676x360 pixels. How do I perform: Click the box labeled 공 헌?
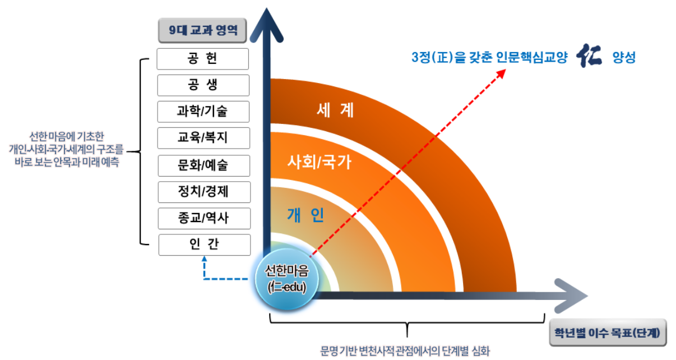tap(203, 59)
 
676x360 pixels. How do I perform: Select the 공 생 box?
tap(203, 85)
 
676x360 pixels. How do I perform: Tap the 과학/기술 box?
tap(203, 112)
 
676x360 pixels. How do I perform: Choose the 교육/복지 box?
tap(203, 138)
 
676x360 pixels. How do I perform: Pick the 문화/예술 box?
tap(203, 165)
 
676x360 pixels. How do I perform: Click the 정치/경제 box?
tap(204, 192)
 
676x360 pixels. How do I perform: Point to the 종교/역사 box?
tap(204, 218)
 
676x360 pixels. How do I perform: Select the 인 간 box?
tap(204, 245)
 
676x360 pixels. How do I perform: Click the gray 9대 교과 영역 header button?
tap(202, 30)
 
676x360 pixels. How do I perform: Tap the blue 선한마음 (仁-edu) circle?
tap(286, 279)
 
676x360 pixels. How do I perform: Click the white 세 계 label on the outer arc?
tap(335, 110)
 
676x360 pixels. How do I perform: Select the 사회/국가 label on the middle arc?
tap(320, 162)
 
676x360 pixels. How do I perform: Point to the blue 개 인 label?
tap(305, 215)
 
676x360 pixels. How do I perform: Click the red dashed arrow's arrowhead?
tap(502, 73)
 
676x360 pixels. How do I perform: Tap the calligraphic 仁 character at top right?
tap(589, 56)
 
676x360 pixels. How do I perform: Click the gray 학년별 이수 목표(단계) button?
tap(608, 333)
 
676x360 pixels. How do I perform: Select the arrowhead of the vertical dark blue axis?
tap(266, 25)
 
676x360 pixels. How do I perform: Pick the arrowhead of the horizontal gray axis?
tap(571, 296)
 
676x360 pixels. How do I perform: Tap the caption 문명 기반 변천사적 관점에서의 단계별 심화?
tap(405, 351)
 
